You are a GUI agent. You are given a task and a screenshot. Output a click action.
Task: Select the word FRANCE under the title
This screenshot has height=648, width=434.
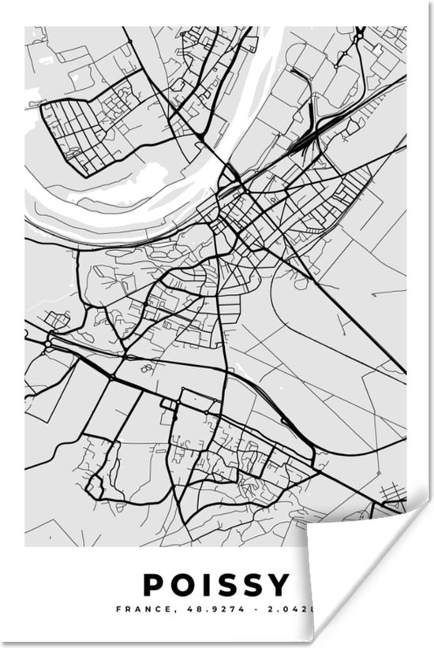[x=135, y=609]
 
